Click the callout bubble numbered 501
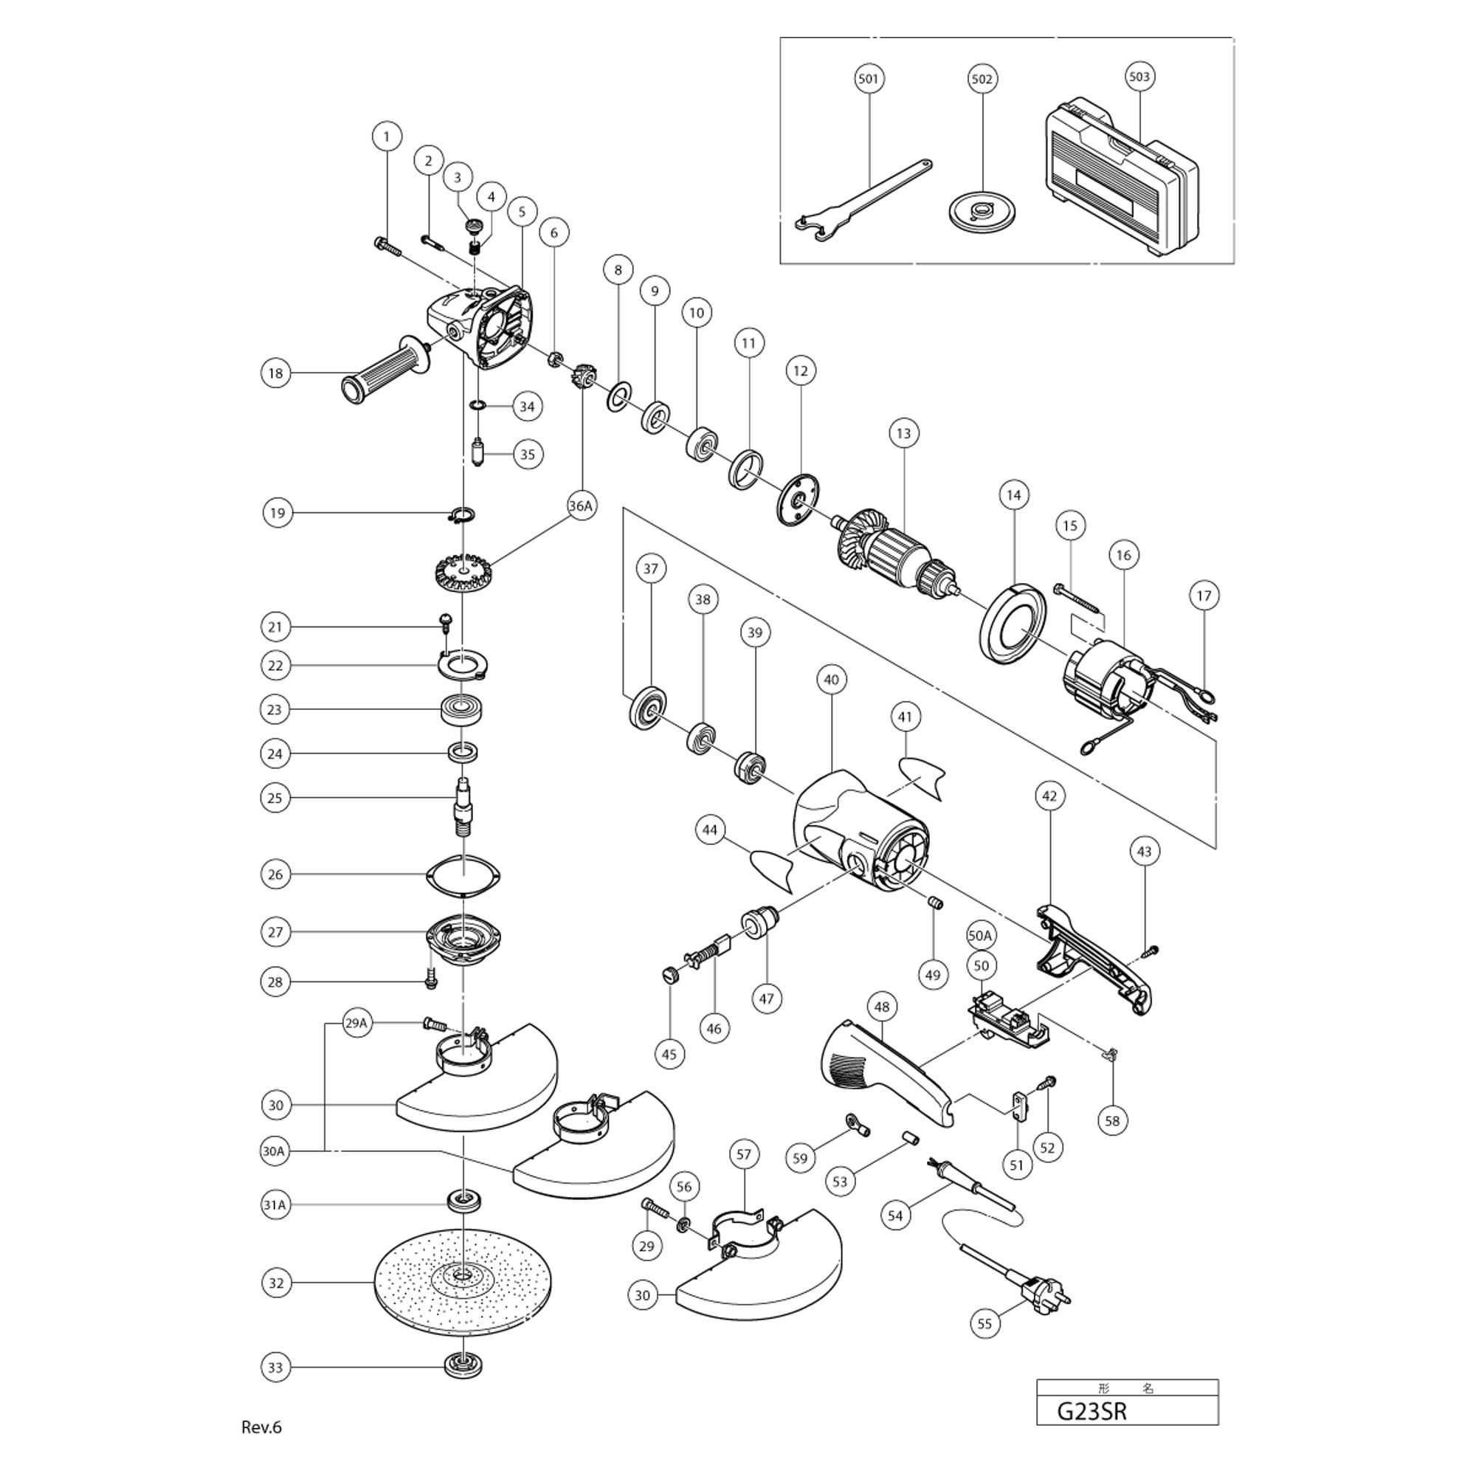point(869,79)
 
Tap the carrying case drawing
point(1119,179)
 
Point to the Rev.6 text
point(261,1427)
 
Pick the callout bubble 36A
point(582,506)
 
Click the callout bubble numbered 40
point(831,679)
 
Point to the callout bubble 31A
point(275,1205)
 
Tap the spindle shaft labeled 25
point(463,807)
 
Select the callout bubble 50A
point(980,935)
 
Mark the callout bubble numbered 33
point(275,1367)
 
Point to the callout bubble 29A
point(356,1023)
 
